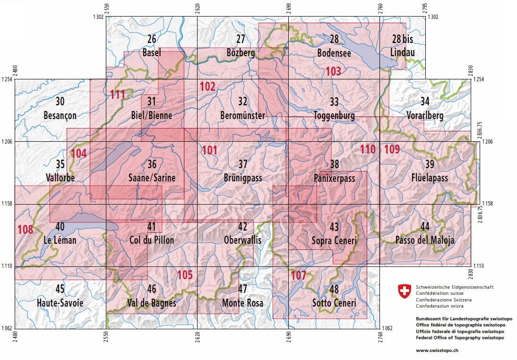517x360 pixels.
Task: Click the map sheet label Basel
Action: tap(151, 53)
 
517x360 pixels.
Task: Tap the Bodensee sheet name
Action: tap(334, 53)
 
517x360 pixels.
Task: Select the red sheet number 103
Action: tap(333, 72)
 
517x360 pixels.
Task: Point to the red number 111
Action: tap(117, 94)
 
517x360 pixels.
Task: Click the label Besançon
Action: tap(60, 115)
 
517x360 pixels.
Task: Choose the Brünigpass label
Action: tap(242, 178)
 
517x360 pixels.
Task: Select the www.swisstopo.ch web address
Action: tap(437, 351)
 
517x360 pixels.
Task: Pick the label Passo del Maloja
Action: tap(424, 240)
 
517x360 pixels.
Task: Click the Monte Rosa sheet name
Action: tap(242, 302)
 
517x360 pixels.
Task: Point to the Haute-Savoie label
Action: tap(60, 302)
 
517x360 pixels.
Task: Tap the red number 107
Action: tap(298, 275)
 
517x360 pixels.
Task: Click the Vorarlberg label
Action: tap(424, 115)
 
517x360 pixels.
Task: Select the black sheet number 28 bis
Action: tap(403, 39)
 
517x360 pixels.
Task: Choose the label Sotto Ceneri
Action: tap(334, 302)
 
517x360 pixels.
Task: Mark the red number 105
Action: tap(185, 274)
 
